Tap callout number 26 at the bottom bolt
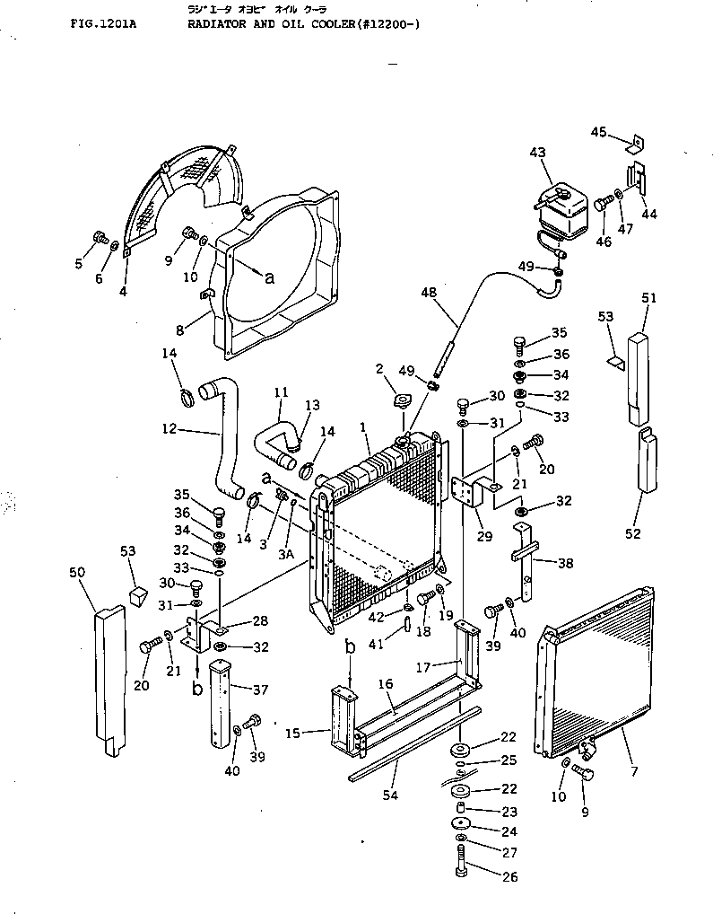(x=509, y=877)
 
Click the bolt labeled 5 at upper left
(x=100, y=239)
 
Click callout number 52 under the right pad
(x=633, y=533)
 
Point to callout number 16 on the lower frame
(x=385, y=684)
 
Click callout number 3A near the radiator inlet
(x=285, y=555)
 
